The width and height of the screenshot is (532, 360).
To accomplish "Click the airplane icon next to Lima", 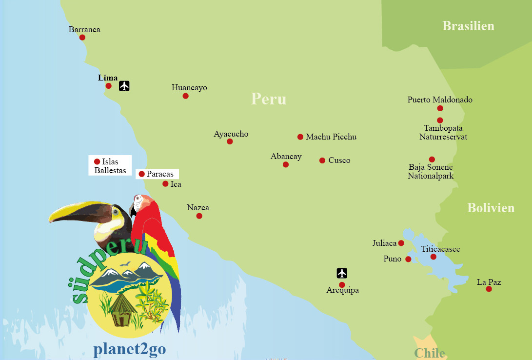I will [124, 86].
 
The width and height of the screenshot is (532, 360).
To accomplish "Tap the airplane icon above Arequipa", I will [342, 273].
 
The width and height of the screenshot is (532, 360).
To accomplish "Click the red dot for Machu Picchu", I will [300, 137].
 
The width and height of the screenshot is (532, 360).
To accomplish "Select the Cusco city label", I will [339, 160].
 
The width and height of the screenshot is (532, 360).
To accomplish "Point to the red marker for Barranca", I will [82, 38].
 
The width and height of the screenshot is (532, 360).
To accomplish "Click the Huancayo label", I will [189, 88].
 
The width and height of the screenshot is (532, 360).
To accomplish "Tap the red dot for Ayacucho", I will [230, 141].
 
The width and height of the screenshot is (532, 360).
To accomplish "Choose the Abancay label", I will [286, 157].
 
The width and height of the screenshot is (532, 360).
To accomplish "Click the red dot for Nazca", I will [199, 216].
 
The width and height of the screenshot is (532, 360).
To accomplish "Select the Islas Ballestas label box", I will [110, 166].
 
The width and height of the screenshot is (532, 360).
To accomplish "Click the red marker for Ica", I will [165, 184].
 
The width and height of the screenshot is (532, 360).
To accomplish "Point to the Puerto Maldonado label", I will [440, 100].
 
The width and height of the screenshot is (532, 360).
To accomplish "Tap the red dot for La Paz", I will [489, 289].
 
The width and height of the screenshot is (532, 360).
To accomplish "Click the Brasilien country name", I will [468, 26].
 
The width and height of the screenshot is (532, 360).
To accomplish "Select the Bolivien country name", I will [491, 208].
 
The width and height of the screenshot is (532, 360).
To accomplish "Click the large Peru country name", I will [269, 99].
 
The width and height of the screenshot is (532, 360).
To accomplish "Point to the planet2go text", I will [129, 349].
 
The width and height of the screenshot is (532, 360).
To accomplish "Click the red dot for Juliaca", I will [401, 243].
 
